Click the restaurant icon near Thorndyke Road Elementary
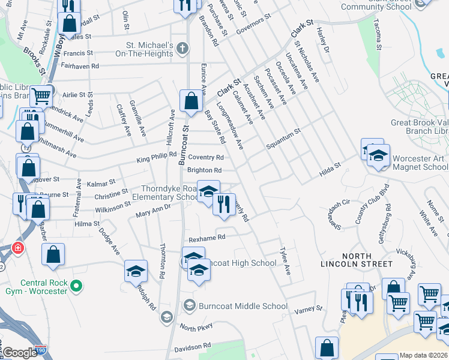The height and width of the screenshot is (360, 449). [x=224, y=204]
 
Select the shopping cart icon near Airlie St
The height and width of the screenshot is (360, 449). [x=41, y=95]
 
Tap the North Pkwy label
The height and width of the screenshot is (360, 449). [x=196, y=328]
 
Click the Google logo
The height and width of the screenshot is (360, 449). [x=20, y=353]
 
